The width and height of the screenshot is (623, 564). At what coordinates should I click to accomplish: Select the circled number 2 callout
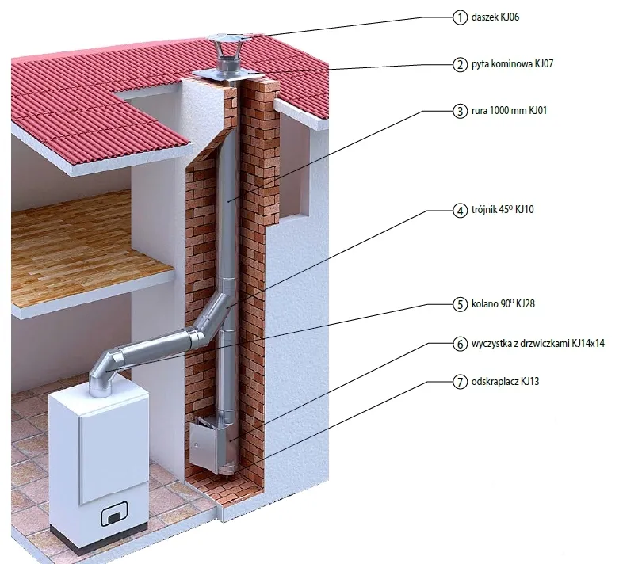459,64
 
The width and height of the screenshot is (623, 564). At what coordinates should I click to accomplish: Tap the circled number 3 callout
459,111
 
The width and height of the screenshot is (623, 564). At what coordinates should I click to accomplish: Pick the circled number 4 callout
459,211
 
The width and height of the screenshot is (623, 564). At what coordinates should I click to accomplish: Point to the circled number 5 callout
459,303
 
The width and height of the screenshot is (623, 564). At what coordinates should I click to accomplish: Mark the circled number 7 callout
459,382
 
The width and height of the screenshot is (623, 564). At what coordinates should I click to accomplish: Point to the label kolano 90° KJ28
505,303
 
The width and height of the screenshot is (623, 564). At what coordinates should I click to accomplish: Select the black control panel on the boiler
113,517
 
